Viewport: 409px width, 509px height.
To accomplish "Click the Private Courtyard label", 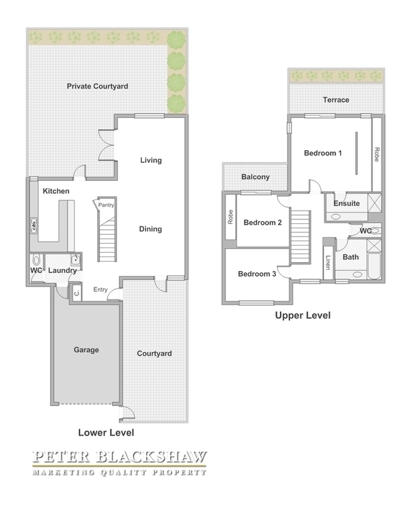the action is coord(97,86).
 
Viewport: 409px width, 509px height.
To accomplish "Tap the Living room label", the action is coord(151,161).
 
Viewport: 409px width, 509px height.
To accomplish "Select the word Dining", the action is coord(150,229).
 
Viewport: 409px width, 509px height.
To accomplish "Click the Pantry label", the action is coord(106,205).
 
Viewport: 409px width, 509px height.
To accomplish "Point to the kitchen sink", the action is coord(34,225).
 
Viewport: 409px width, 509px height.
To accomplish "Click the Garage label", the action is coord(86,350).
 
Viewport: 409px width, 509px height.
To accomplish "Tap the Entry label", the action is coord(100,290).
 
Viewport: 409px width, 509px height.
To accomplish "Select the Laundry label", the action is coord(62,270).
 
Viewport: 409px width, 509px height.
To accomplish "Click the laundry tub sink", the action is coord(75,260).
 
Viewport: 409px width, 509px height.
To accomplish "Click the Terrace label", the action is coord(336,100).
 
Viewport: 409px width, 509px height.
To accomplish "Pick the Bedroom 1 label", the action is coord(323,153).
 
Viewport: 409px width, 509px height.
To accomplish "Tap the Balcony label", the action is coord(255,177).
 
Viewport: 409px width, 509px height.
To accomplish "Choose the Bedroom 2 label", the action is coord(263,223).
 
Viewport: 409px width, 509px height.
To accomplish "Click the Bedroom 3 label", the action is coord(257,274).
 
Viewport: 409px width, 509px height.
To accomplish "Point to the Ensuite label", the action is coord(346,203).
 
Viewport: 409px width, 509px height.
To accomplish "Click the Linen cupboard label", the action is coord(328,263).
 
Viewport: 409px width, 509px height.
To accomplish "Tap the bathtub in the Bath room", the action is coord(374,266).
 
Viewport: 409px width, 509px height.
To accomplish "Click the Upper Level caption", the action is coord(303,315).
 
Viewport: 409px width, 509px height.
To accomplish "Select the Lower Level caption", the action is coord(106,433).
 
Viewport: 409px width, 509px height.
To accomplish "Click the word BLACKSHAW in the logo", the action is coord(151,457).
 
